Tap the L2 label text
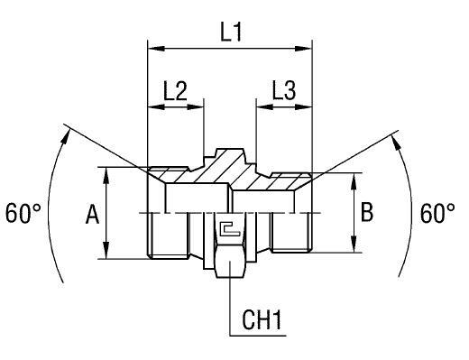tap(175, 90)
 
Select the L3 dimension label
tap(283, 90)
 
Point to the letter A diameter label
tap(91, 214)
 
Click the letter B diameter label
tap(366, 213)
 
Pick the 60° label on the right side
tap(438, 214)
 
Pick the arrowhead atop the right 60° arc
tap(395, 136)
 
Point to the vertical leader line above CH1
tap(230, 298)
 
